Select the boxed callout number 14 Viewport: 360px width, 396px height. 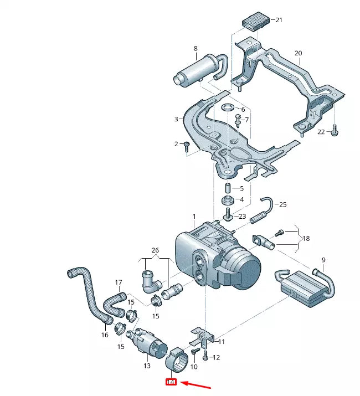coord(171,382)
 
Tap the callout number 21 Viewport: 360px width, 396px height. coord(279,20)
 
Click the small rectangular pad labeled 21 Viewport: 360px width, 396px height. coord(256,21)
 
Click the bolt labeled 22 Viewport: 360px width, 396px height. coord(335,132)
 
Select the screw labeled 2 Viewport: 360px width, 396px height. coord(187,145)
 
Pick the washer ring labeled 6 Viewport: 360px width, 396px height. coord(228,107)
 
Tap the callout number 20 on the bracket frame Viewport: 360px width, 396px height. coord(299,53)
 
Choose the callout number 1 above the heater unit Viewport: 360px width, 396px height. coord(194,215)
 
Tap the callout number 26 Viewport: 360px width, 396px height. coord(155,250)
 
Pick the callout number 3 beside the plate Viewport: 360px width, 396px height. coord(176,119)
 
